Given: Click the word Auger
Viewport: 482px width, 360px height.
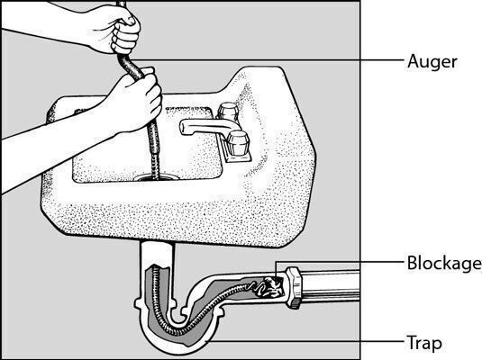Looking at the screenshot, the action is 432,63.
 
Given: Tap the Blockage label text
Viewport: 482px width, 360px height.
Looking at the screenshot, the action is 444,264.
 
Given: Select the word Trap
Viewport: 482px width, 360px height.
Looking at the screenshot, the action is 424,342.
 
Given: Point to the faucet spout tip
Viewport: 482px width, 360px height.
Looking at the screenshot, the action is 185,128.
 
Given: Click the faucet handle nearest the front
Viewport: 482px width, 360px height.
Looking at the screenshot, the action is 237,142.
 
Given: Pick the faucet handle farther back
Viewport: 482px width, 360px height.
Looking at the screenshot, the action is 227,112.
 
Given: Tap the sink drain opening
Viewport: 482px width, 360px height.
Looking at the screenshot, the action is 156,177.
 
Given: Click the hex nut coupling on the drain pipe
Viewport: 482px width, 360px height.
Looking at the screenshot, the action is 295,287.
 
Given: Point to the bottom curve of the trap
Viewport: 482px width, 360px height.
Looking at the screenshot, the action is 178,344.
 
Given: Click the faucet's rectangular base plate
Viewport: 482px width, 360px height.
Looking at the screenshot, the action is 237,152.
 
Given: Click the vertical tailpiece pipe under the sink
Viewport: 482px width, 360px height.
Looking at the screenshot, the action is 158,255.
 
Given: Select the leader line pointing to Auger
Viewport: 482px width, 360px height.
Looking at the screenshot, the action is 265,60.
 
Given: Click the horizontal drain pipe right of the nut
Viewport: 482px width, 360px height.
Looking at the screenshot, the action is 331,285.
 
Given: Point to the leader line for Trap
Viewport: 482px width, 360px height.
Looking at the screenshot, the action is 305,341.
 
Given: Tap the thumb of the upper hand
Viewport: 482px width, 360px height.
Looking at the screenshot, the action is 129,20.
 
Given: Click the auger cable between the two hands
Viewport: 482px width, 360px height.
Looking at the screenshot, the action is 131,66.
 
